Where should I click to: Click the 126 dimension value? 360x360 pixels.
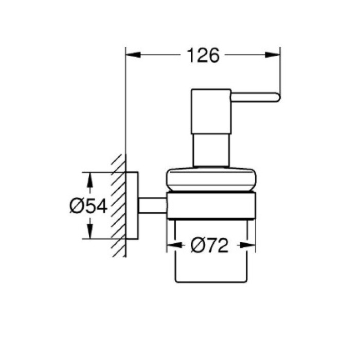pos(204,56)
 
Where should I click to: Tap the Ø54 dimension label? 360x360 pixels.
pos(88,206)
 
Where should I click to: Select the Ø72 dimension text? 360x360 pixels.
pos(209,245)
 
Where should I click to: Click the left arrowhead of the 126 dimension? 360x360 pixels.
pos(133,55)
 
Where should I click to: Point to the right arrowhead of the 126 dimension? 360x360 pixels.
pos(273,55)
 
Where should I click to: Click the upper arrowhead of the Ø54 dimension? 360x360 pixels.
pos(90,179)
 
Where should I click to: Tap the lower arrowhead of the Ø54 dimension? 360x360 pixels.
pos(90,231)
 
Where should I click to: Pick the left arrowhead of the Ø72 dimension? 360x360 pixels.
pos(174,245)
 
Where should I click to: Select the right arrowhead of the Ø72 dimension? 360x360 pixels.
pos(248,245)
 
